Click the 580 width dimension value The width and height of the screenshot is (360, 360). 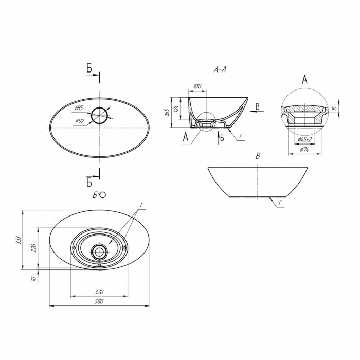(99, 301)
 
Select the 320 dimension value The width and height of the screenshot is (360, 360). (99, 292)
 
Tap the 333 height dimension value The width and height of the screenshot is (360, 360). (19, 240)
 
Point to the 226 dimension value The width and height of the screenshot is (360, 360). (34, 248)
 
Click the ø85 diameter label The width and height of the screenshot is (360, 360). (78, 108)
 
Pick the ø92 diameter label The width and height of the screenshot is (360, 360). (80, 121)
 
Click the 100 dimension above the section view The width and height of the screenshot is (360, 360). (197, 86)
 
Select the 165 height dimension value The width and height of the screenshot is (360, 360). (167, 112)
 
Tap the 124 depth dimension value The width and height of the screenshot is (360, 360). (176, 109)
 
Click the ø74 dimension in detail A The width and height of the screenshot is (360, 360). (304, 150)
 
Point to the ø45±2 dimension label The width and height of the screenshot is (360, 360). (304, 139)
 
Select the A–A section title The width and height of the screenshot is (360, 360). (220, 70)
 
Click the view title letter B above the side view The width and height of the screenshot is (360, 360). (258, 156)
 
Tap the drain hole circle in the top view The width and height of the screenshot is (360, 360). (99, 116)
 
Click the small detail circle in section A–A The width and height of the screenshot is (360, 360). (206, 122)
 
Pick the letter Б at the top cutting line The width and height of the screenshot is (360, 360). (89, 68)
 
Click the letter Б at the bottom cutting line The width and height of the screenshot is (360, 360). (89, 182)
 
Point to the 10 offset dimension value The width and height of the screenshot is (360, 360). (34, 279)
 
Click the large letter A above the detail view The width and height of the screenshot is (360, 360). (304, 80)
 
